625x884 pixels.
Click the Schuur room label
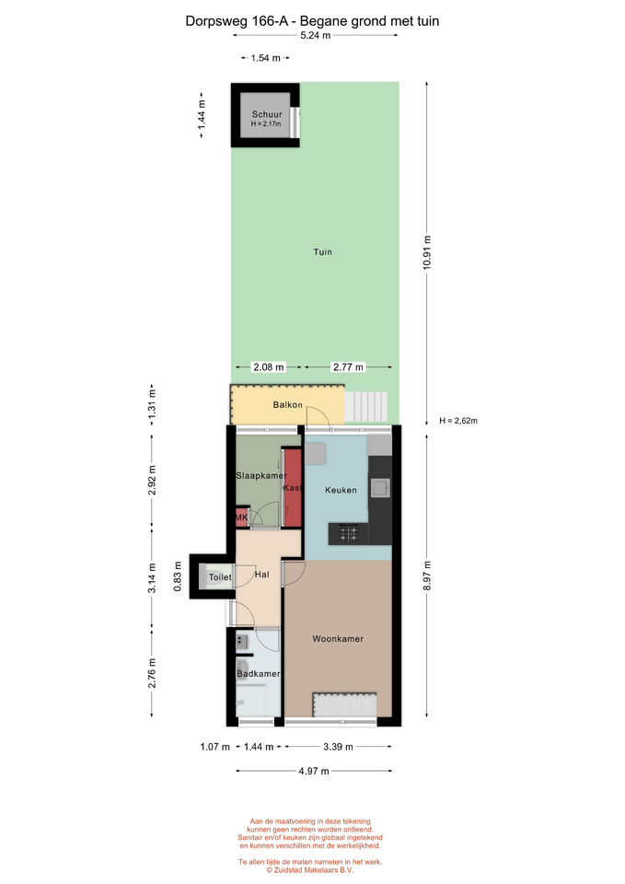tap(267, 114)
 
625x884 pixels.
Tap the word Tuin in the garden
tap(323, 252)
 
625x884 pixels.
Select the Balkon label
tap(287, 405)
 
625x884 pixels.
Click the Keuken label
tap(341, 490)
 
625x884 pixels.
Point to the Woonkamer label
tap(338, 639)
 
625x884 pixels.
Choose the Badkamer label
tap(258, 674)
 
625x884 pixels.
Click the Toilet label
tap(220, 576)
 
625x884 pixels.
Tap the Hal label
tap(262, 575)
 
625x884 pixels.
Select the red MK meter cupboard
tap(242, 518)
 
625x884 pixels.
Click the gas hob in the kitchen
tap(348, 533)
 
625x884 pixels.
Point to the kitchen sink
tap(380, 488)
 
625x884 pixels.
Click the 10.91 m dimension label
tap(426, 252)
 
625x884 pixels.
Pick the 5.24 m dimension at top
tap(316, 35)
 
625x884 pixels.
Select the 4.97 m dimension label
tap(314, 771)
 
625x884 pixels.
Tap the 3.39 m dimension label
tap(338, 747)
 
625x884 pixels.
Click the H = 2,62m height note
tap(458, 421)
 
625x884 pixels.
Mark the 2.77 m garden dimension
tap(348, 367)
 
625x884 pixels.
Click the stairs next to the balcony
tap(366, 406)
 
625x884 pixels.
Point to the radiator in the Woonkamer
tap(345, 704)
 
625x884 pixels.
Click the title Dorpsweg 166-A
tap(237, 21)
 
